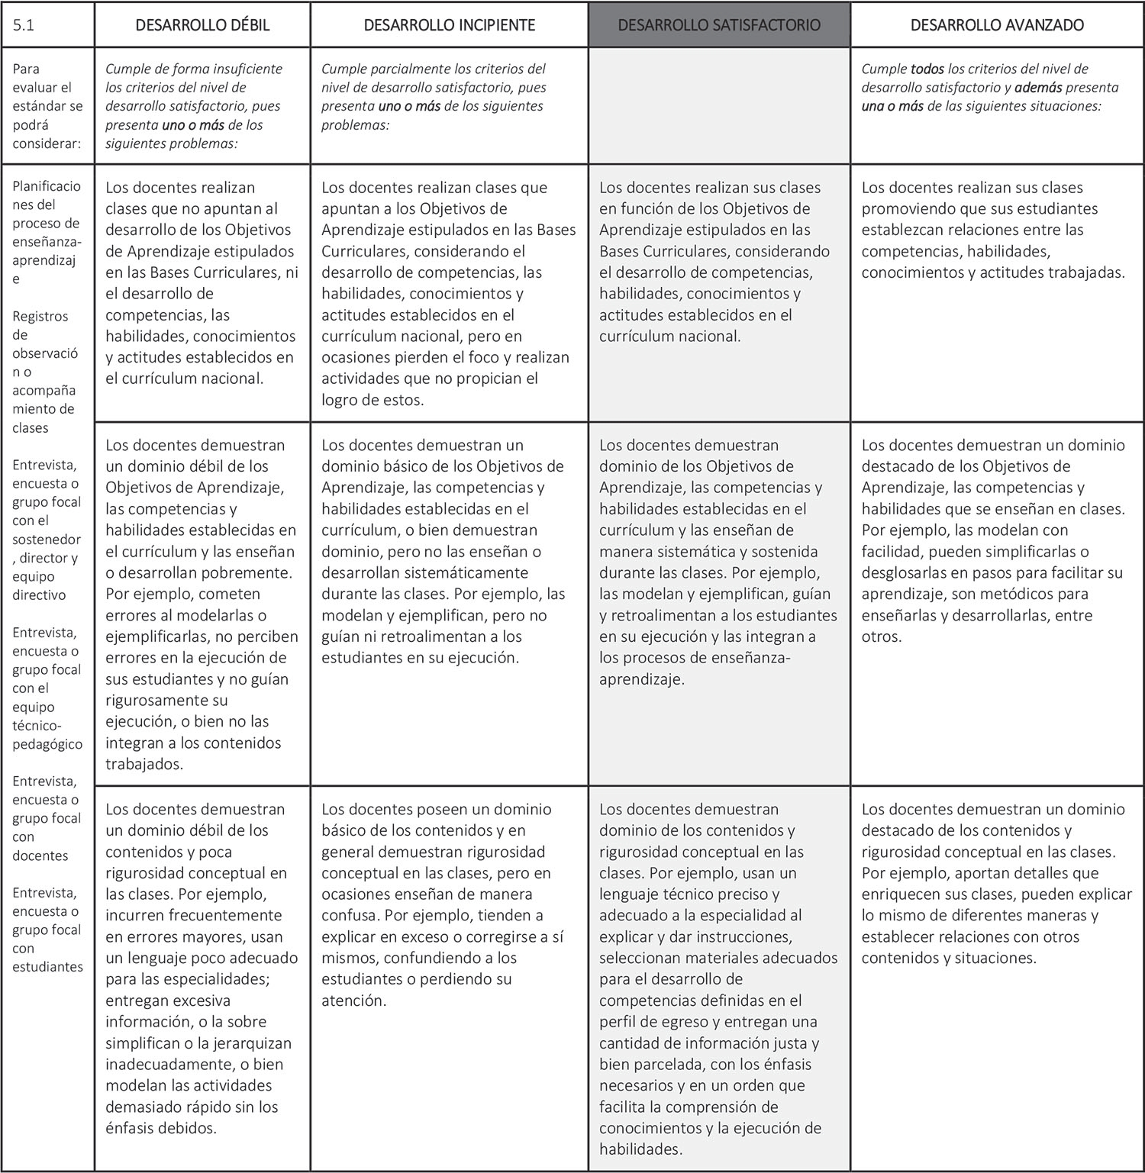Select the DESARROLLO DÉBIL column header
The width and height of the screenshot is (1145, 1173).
(202, 25)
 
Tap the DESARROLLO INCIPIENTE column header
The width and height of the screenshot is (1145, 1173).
(449, 25)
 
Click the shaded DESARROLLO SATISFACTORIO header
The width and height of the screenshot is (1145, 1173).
(719, 25)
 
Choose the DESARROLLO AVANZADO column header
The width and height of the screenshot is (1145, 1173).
(997, 25)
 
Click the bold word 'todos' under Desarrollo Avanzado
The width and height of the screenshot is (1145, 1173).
(927, 69)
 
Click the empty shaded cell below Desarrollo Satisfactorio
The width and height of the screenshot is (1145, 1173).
(719, 105)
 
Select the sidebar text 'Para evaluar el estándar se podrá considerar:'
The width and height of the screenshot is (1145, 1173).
(47, 105)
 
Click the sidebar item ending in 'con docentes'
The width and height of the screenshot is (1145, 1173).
(46, 818)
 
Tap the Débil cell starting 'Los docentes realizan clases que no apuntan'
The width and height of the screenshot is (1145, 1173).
(202, 282)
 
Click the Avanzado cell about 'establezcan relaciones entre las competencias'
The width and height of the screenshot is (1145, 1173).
(992, 230)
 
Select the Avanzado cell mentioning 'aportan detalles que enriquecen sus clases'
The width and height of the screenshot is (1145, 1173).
(996, 883)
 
